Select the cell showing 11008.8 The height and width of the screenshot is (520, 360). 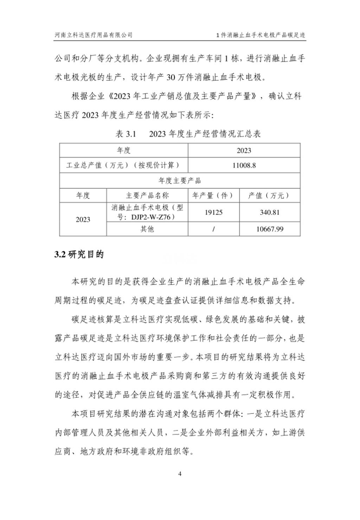244,165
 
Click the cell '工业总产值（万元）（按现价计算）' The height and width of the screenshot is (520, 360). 123,165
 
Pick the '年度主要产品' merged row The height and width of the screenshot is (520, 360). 180,180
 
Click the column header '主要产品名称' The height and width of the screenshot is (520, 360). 147,195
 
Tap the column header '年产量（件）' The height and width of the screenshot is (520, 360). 213,195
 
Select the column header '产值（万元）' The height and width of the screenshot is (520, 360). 270,195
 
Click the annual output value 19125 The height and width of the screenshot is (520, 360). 213,212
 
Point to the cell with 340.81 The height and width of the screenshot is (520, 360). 270,212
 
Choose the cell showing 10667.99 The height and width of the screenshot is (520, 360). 270,229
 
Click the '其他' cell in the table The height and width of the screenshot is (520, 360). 147,229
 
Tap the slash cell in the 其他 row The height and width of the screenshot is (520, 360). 213,229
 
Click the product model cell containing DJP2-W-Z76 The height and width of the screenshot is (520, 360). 147,212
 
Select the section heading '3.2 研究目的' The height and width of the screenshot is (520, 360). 79,255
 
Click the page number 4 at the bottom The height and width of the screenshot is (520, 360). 180,474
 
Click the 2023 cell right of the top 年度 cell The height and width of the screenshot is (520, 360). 244,150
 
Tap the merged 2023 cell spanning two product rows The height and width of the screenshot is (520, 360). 83,219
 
